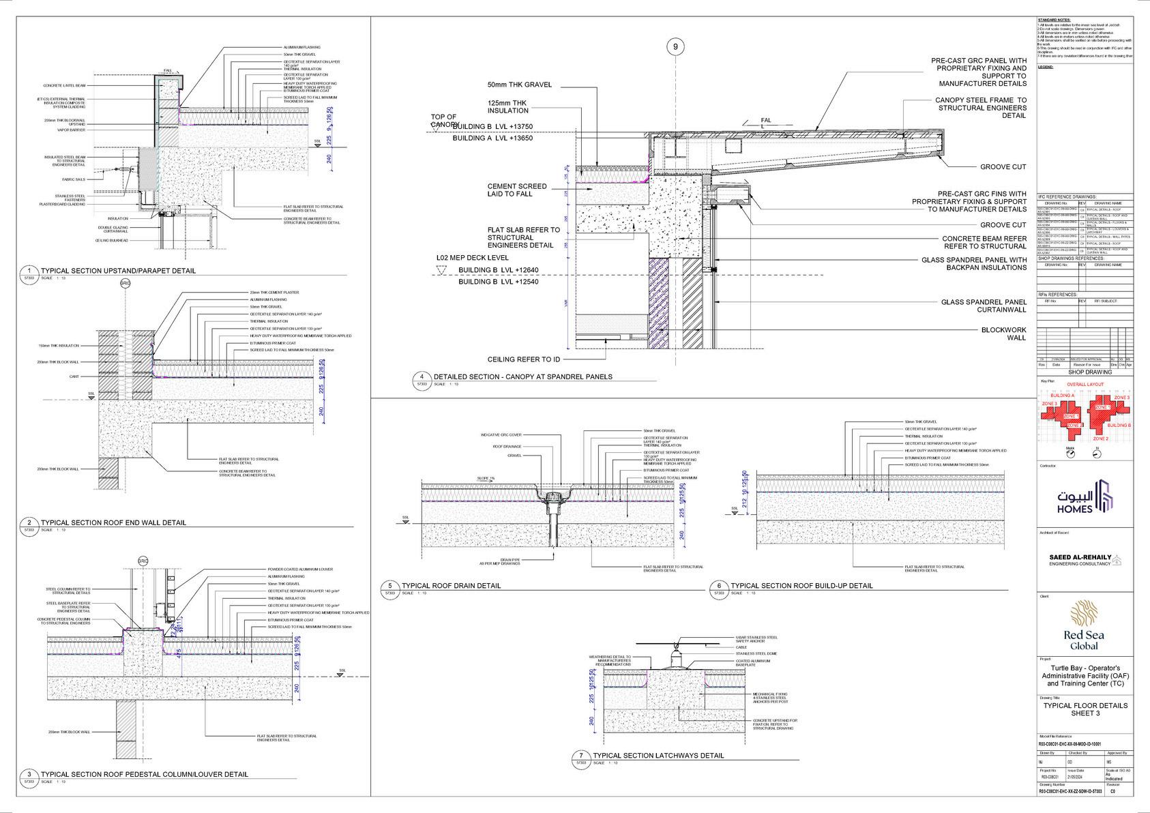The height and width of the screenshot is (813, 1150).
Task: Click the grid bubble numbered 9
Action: (675, 46)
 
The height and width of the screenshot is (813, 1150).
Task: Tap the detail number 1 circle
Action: (29, 271)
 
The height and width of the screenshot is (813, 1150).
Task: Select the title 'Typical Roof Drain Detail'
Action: (451, 586)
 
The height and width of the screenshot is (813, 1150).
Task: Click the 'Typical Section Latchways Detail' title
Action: (658, 756)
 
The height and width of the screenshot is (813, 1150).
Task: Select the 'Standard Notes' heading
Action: (1054, 21)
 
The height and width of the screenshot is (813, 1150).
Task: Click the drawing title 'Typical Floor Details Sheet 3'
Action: (1085, 709)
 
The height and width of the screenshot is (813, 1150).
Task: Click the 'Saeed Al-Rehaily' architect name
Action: (1080, 557)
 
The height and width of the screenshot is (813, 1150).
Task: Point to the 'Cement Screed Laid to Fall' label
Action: (516, 190)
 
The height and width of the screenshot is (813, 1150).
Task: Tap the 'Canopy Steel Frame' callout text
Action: (980, 108)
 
